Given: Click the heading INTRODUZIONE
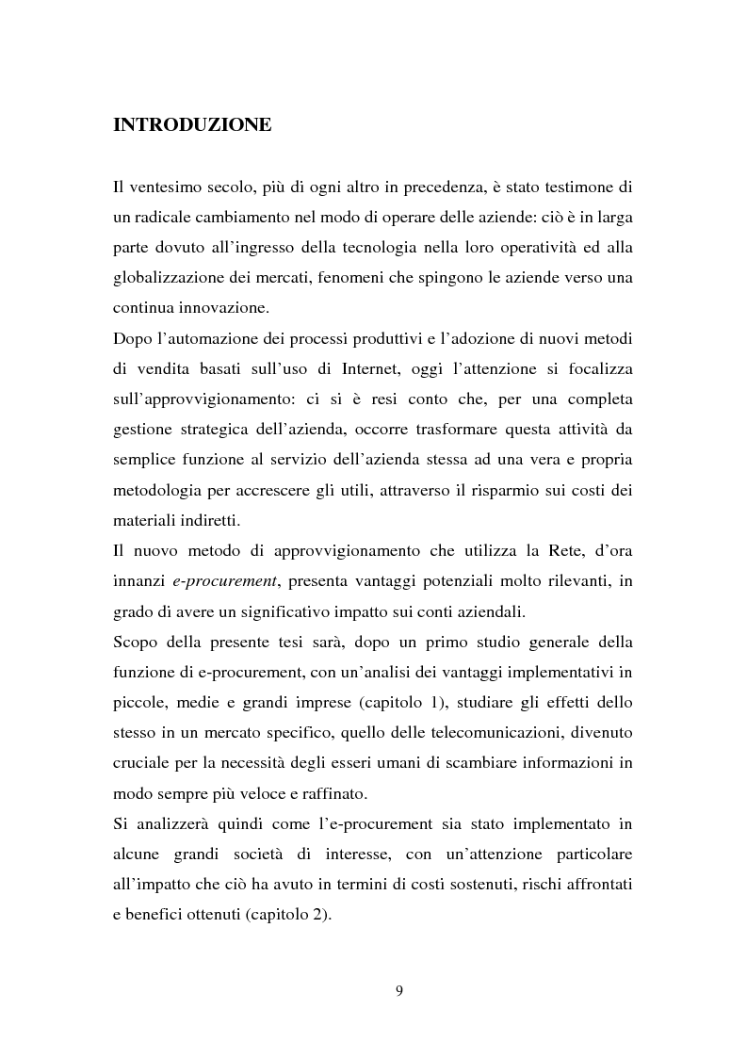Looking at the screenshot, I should pyautogui.click(x=192, y=125).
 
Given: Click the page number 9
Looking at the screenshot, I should pyautogui.click(x=398, y=989).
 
